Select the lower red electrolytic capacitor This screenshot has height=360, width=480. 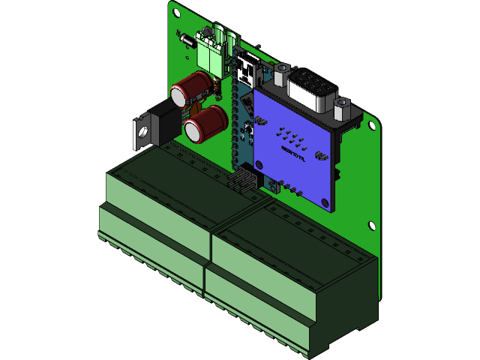point(204,124)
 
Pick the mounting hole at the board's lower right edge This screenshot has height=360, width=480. point(370,224)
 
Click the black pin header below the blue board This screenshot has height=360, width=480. point(243,182)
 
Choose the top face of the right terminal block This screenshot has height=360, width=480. point(300,240)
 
